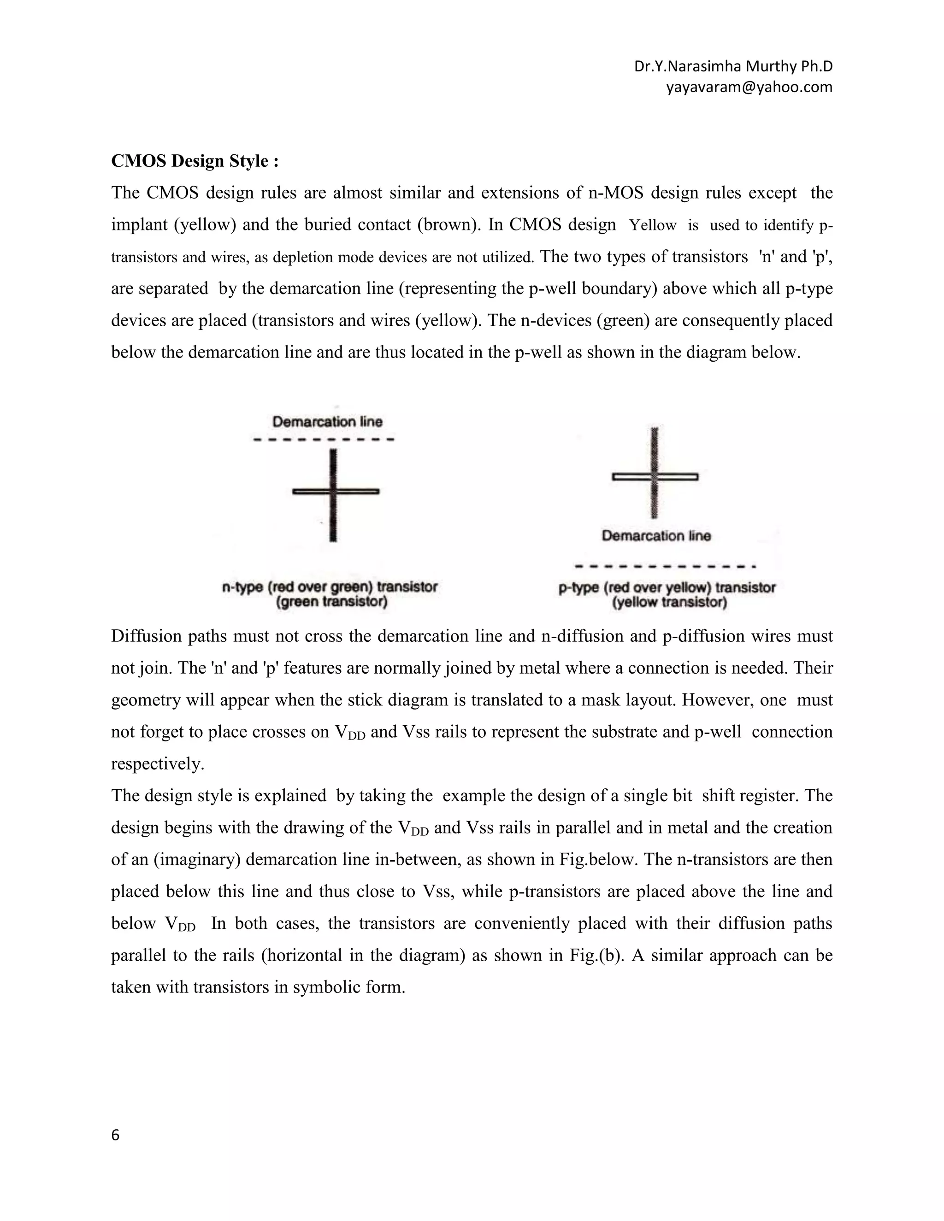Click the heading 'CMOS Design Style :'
pyautogui.click(x=195, y=161)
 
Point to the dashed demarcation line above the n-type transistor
pyautogui.click(x=324, y=440)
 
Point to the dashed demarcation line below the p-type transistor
pyautogui.click(x=666, y=566)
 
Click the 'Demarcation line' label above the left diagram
pyautogui.click(x=327, y=422)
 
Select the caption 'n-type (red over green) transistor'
pyautogui.click(x=330, y=587)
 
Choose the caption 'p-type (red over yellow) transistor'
pyautogui.click(x=667, y=587)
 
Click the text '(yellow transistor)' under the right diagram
pyautogui.click(x=669, y=603)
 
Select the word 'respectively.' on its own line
pyautogui.click(x=158, y=763)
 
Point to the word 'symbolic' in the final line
pyautogui.click(x=310, y=987)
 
